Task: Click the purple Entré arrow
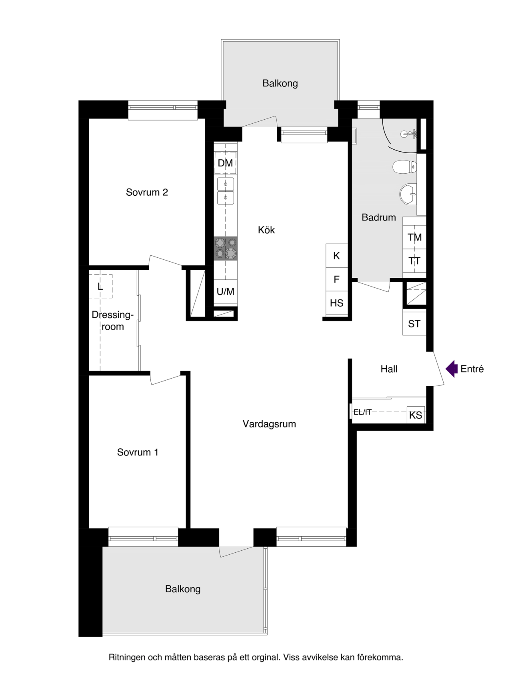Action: click(452, 369)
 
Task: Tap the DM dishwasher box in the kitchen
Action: click(226, 163)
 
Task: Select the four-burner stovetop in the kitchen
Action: click(226, 248)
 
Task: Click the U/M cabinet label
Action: click(226, 292)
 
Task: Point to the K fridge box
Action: click(337, 256)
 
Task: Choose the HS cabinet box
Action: click(337, 303)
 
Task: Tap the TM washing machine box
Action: click(414, 237)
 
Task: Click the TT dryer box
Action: click(414, 261)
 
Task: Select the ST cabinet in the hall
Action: click(414, 323)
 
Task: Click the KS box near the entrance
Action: click(416, 415)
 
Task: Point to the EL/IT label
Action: click(362, 412)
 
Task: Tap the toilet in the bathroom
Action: click(404, 166)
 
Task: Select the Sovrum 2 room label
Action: click(147, 193)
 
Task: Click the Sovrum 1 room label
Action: click(138, 452)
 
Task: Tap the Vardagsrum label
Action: click(269, 424)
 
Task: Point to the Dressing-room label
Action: click(112, 321)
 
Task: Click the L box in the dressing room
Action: click(100, 286)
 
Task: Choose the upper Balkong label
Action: click(280, 84)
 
